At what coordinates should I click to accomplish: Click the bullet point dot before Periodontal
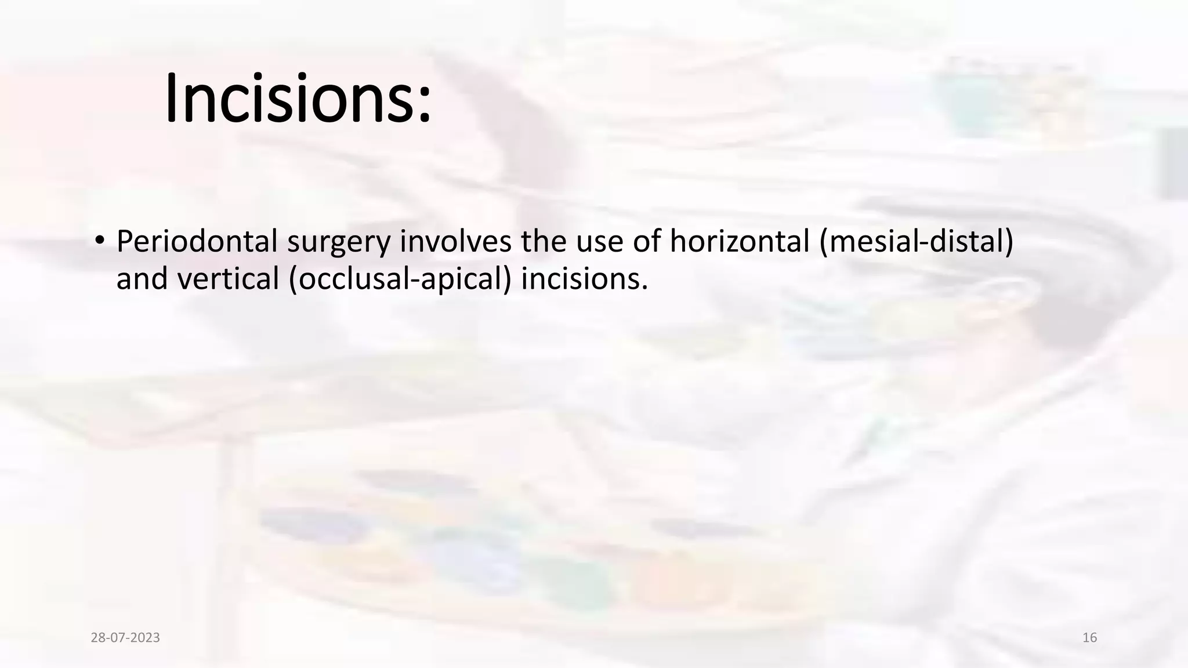click(99, 241)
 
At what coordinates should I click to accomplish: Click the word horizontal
click(740, 241)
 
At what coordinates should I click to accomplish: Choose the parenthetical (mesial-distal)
click(916, 241)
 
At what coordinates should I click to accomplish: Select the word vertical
click(229, 278)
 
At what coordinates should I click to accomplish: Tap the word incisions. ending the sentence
click(584, 278)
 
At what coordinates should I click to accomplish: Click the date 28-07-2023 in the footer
click(125, 638)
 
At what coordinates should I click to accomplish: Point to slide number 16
click(1089, 638)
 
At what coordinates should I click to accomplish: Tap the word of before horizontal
click(647, 241)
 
